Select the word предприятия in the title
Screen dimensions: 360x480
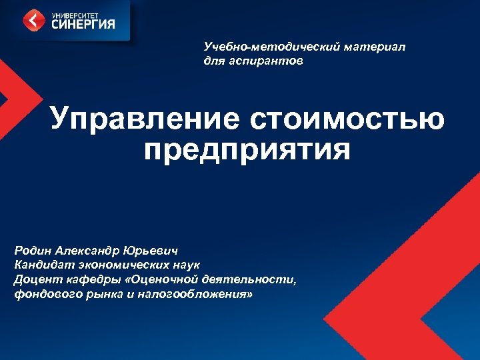point(246,151)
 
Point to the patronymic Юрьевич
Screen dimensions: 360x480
point(157,252)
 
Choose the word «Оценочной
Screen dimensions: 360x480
point(154,279)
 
